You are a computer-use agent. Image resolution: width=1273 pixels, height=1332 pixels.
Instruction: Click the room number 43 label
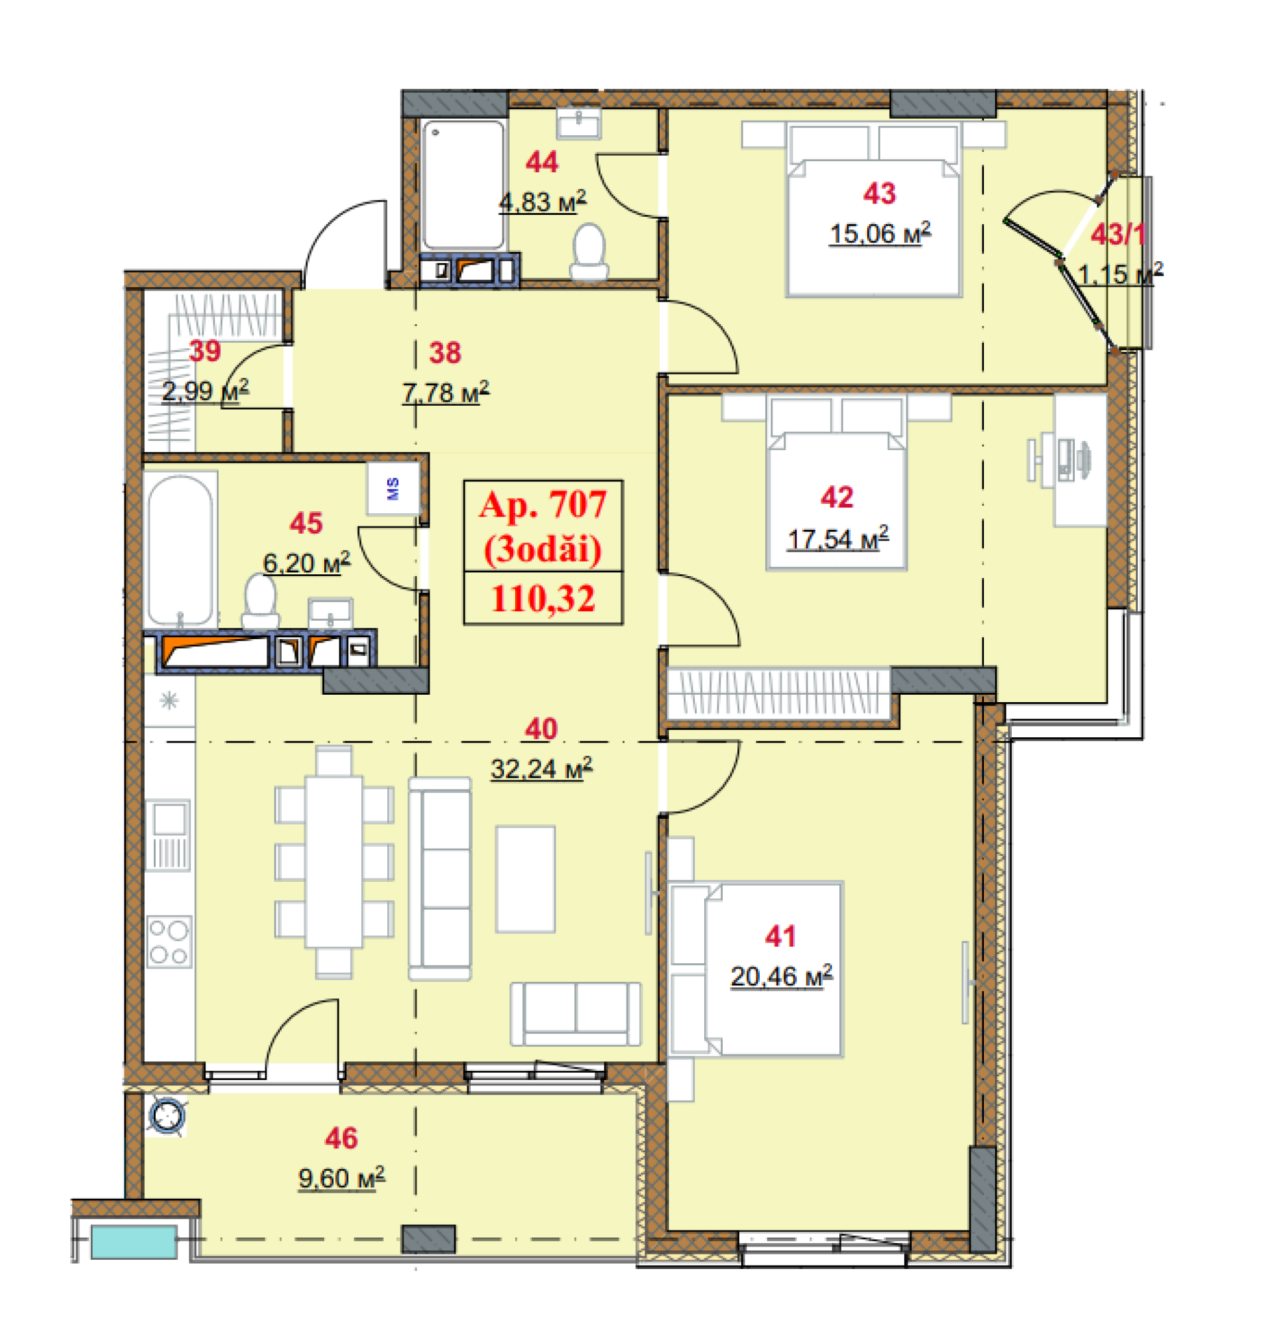tap(879, 194)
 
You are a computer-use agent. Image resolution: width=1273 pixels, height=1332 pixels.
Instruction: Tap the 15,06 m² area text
tap(880, 233)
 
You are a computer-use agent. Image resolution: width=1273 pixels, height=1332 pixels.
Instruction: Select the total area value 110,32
tap(543, 599)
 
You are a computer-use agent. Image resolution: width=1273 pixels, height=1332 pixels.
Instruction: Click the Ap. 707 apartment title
tap(542, 505)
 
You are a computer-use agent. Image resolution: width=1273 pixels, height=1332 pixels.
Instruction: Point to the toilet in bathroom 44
tap(588, 252)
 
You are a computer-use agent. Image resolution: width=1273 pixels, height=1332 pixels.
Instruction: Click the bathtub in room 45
tap(180, 550)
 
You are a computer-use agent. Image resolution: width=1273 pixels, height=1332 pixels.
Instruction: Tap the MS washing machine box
tap(393, 489)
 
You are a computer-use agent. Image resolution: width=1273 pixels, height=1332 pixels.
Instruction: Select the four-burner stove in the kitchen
tap(169, 942)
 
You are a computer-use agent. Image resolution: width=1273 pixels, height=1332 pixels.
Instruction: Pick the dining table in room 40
tap(334, 862)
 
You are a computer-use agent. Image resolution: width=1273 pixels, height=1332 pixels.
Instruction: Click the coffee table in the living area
tap(525, 879)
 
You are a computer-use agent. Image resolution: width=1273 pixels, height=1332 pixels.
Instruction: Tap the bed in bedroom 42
tap(837, 483)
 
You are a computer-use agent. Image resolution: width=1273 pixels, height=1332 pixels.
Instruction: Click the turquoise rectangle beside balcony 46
tap(135, 1242)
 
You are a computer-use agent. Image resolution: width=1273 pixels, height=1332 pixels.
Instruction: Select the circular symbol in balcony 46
tap(166, 1117)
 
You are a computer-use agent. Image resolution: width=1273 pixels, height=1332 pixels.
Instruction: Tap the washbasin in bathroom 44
tap(579, 123)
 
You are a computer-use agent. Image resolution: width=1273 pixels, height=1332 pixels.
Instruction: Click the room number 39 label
tap(205, 351)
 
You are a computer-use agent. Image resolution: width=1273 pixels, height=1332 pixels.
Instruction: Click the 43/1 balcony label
tap(1118, 235)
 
